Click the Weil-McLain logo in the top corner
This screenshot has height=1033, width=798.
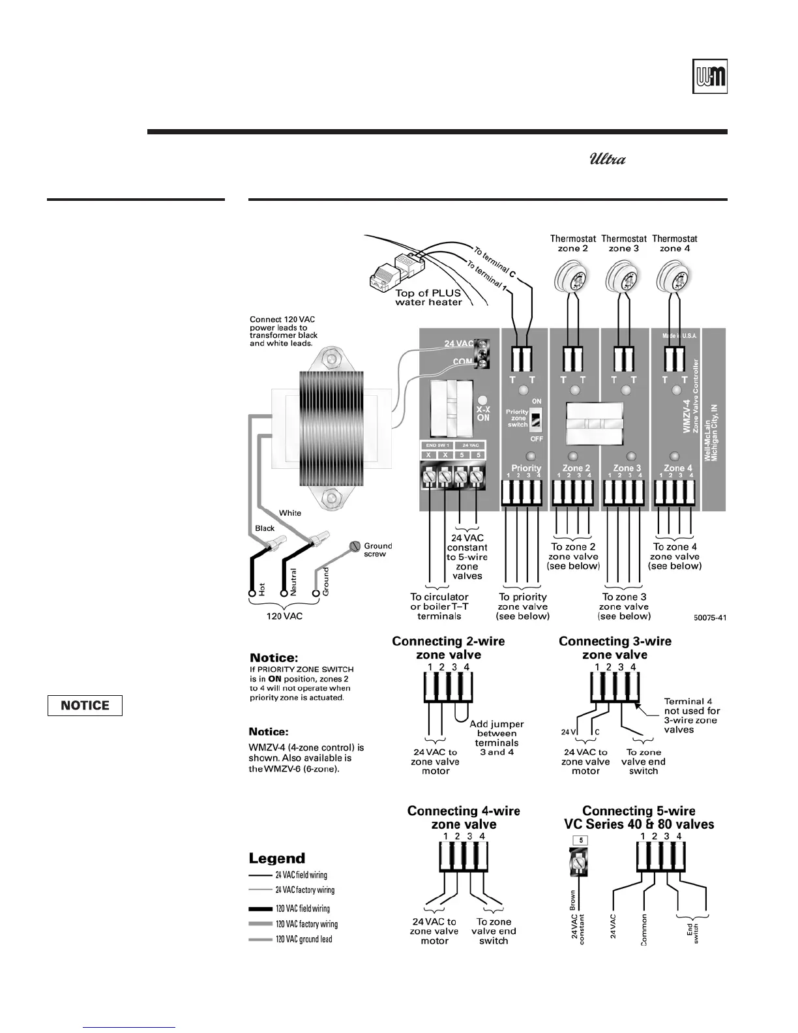point(709,77)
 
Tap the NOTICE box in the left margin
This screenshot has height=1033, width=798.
point(85,706)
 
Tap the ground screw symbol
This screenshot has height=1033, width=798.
point(355,546)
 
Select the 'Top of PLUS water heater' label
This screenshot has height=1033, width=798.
point(428,297)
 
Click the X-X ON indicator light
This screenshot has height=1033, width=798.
point(482,400)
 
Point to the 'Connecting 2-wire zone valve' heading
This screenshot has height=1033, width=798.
point(449,648)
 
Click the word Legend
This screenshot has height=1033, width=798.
point(277,859)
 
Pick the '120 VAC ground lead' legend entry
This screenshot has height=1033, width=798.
point(303,939)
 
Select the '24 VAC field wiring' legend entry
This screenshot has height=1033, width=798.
point(301,875)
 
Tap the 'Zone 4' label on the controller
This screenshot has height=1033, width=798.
point(678,468)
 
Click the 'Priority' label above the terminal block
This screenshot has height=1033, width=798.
point(526,468)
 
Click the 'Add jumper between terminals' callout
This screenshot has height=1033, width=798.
point(497,738)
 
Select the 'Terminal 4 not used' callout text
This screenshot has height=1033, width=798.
point(692,715)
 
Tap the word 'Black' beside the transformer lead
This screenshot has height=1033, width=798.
point(265,528)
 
